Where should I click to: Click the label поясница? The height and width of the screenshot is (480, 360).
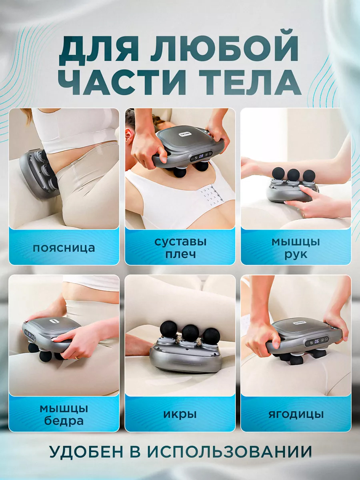tap(64, 248)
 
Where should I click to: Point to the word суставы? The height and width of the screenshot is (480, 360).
tap(180, 242)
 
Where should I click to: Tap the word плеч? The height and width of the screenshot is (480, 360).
tap(180, 254)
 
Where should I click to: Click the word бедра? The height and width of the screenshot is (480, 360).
tap(64, 421)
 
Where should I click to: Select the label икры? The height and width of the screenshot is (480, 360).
tap(180, 415)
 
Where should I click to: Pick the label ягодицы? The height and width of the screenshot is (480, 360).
tap(296, 415)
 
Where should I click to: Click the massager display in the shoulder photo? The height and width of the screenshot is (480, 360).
tap(201, 156)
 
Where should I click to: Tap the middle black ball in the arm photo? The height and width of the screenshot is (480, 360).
tap(293, 175)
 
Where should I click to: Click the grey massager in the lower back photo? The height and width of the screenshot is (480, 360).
tap(39, 174)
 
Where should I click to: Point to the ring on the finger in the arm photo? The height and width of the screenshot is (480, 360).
tap(304, 216)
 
